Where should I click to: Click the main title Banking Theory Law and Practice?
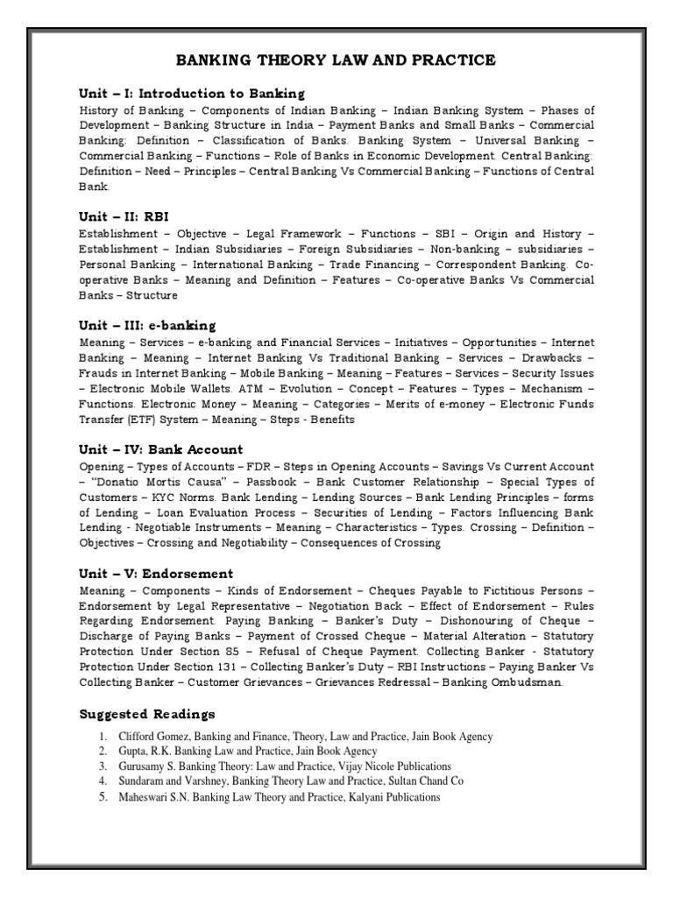tap(336, 60)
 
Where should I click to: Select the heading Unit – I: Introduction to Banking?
tap(192, 93)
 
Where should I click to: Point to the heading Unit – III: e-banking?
tap(147, 326)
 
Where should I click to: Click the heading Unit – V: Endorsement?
tap(156, 574)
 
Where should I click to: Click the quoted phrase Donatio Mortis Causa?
tap(144, 483)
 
